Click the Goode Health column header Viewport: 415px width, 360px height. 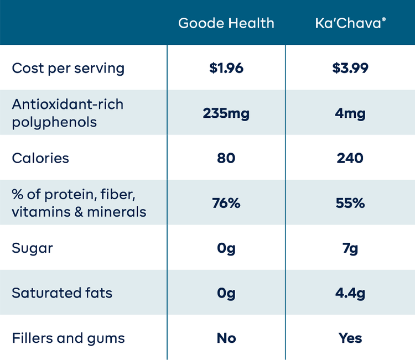pyautogui.click(x=226, y=23)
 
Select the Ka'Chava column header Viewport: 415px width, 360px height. pyautogui.click(x=350, y=23)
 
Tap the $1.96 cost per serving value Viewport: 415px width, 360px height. pyautogui.click(x=226, y=68)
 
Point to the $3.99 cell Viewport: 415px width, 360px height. pyautogui.click(x=350, y=68)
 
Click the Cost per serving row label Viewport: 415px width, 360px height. pyautogui.click(x=68, y=68)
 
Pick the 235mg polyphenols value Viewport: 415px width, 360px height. pyautogui.click(x=226, y=113)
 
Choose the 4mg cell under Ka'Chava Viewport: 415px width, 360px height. pyautogui.click(x=350, y=113)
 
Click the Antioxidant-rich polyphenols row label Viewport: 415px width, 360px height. pyautogui.click(x=68, y=113)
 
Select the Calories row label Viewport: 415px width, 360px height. pyautogui.click(x=40, y=158)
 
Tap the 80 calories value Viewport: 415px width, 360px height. pyautogui.click(x=226, y=158)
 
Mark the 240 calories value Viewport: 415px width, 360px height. pyautogui.click(x=350, y=158)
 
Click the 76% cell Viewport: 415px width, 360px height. pyautogui.click(x=226, y=203)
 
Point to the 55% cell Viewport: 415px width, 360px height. pyautogui.click(x=350, y=203)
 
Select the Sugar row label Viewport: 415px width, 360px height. pyautogui.click(x=32, y=248)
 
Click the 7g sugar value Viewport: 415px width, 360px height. pyautogui.click(x=350, y=248)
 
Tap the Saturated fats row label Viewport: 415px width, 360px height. pyautogui.click(x=62, y=293)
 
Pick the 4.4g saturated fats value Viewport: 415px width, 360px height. pyautogui.click(x=350, y=293)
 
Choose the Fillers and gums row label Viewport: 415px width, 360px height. pyautogui.click(x=68, y=338)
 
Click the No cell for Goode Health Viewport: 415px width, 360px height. pyautogui.click(x=226, y=338)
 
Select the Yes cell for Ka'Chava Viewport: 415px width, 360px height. pyautogui.click(x=350, y=338)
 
